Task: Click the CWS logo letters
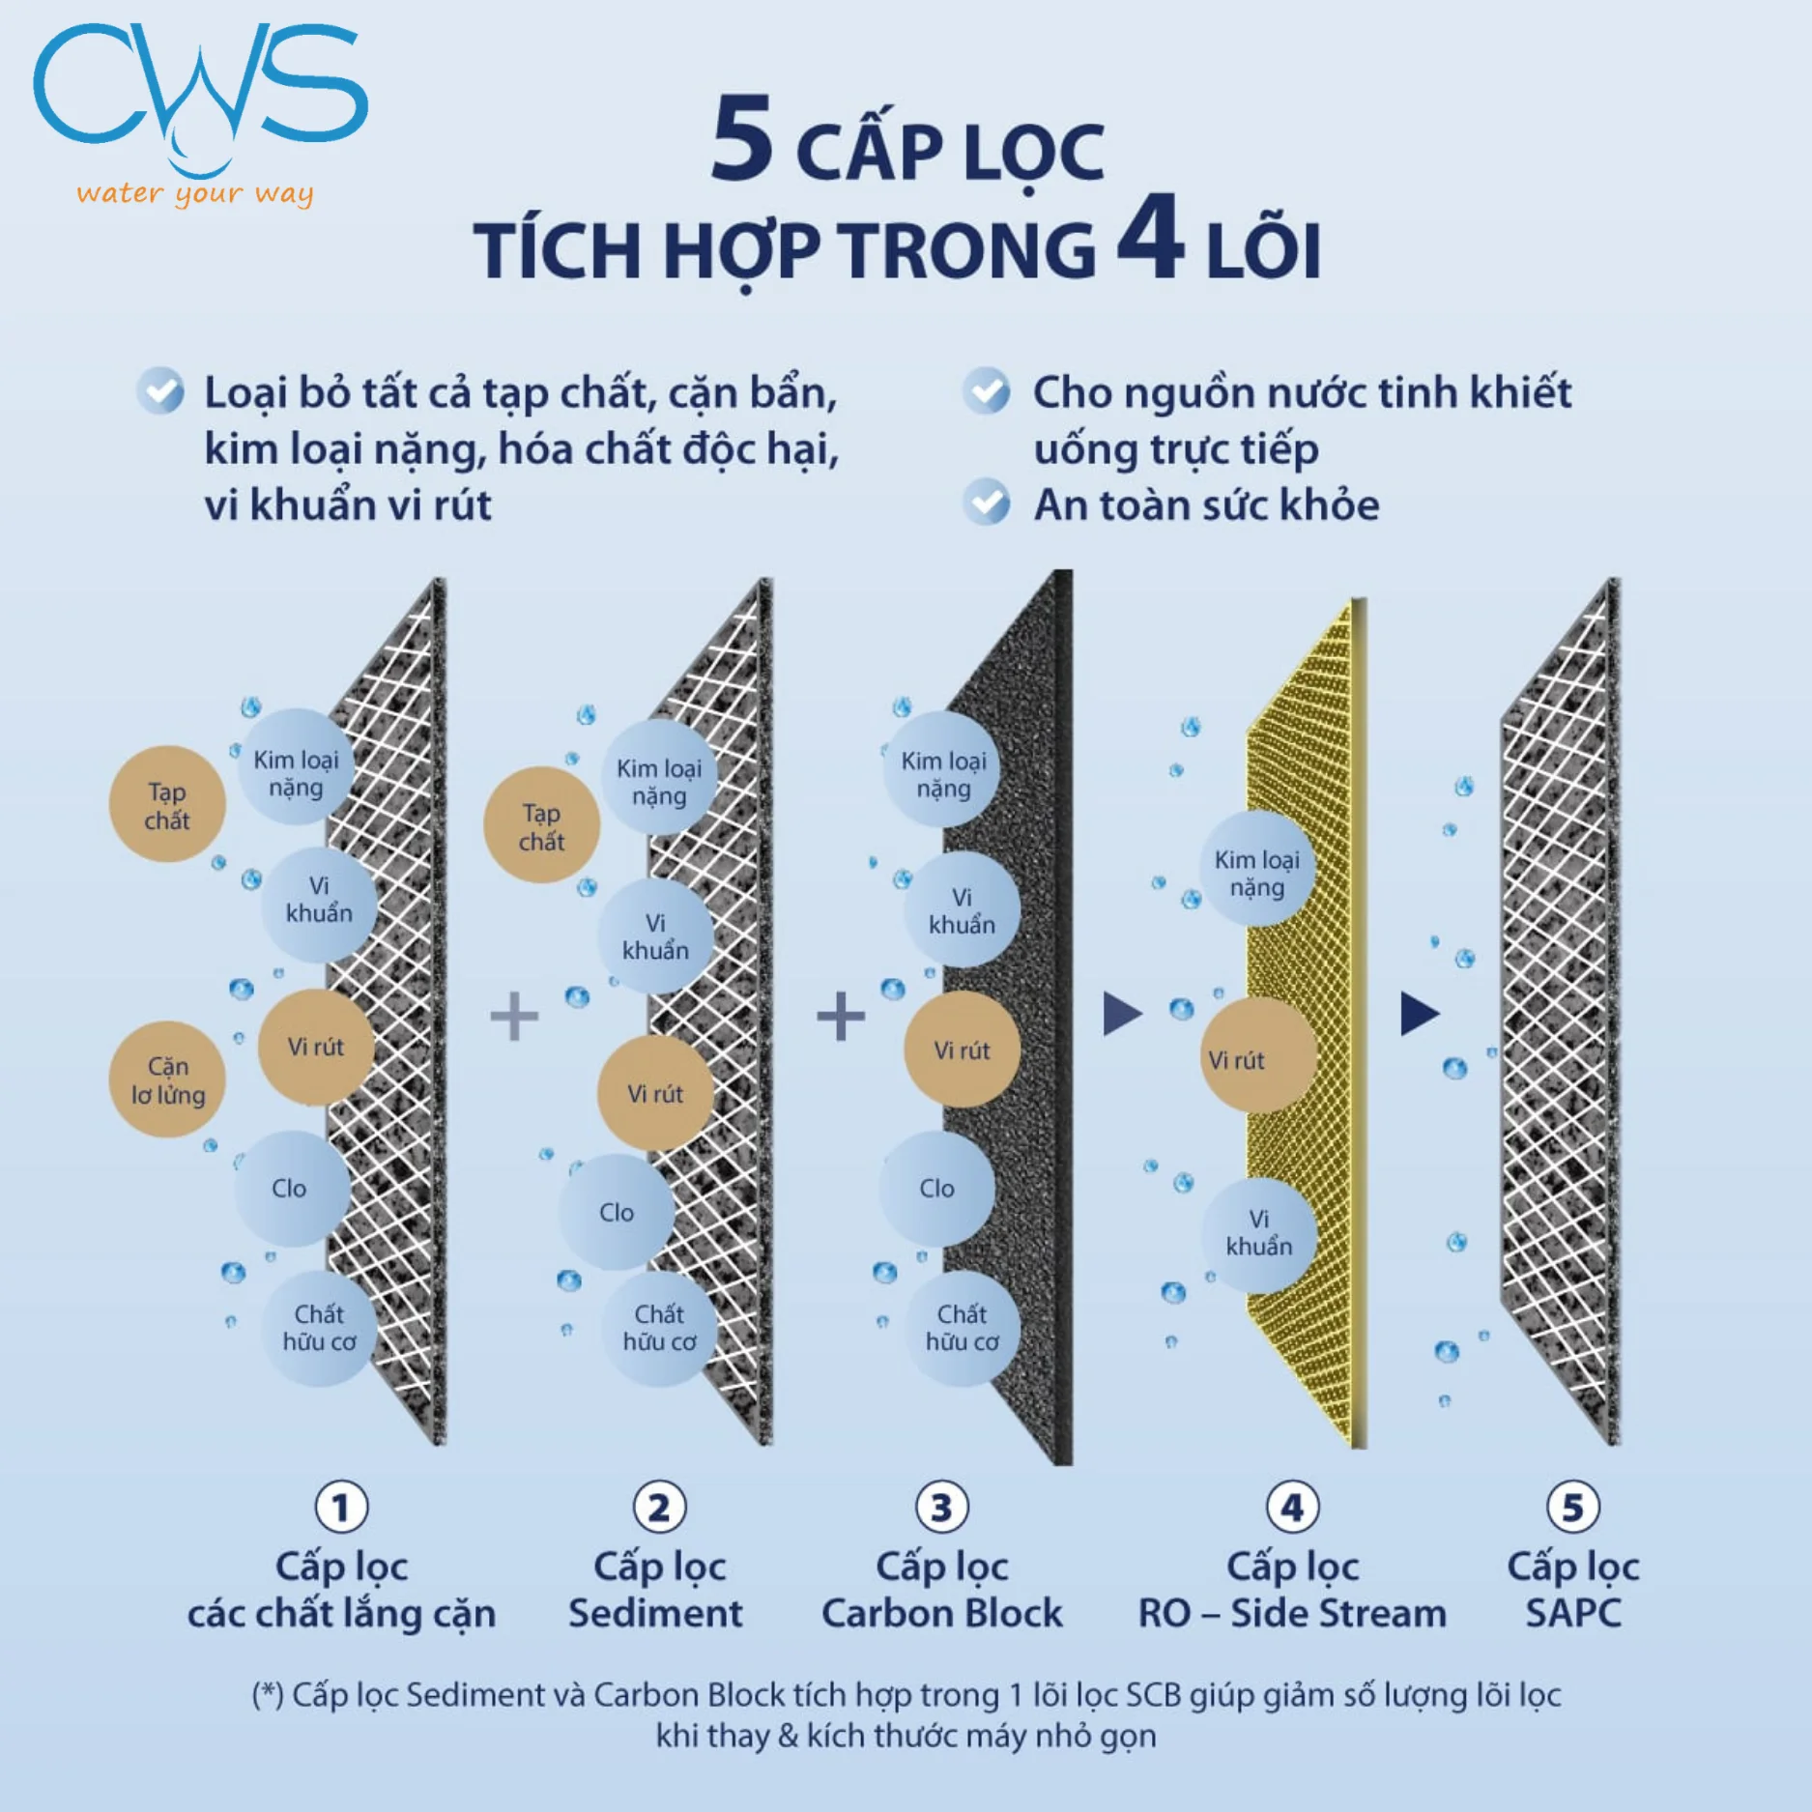[200, 92]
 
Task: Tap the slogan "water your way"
[195, 193]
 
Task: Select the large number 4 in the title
[1150, 237]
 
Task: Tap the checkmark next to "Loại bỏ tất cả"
[160, 391]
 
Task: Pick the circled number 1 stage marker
[341, 1507]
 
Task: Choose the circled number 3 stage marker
[941, 1507]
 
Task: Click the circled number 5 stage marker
[1573, 1507]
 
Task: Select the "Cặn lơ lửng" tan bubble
[167, 1079]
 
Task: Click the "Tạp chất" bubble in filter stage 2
[541, 825]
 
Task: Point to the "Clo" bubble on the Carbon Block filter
[936, 1188]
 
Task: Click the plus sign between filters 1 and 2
[514, 1016]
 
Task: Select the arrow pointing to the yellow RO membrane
[1123, 1014]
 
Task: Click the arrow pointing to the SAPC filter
[1421, 1014]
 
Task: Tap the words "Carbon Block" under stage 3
[942, 1614]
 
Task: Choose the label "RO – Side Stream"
[1292, 1614]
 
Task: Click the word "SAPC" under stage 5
[1573, 1614]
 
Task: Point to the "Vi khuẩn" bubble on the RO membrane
[1258, 1235]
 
